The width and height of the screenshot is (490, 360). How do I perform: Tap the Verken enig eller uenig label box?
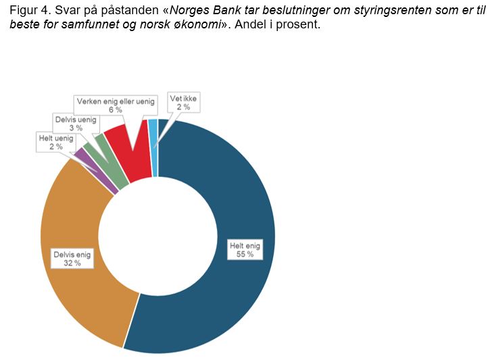[116, 105]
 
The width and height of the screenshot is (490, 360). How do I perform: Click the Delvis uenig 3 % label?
[75, 123]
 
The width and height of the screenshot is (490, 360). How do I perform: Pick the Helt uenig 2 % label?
[55, 142]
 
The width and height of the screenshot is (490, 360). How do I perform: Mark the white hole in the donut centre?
[157, 236]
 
